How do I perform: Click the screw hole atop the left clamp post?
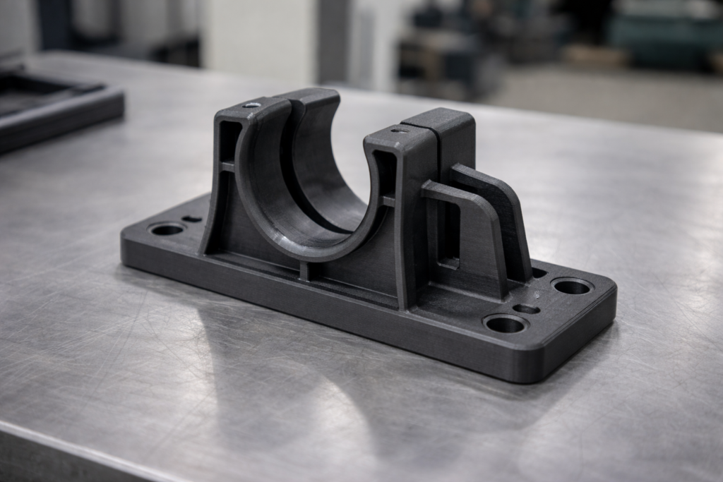pyautogui.click(x=252, y=104)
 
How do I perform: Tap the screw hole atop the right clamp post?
pyautogui.click(x=400, y=130)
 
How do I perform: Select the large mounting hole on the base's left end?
pyautogui.click(x=167, y=229)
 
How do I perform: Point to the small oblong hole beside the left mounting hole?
pyautogui.click(x=191, y=219)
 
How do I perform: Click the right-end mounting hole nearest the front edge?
pyautogui.click(x=506, y=324)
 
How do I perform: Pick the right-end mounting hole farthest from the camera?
pyautogui.click(x=572, y=287)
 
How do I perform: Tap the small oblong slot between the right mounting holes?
pyautogui.click(x=526, y=308)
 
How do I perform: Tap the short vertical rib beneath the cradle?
pyautogui.click(x=304, y=270)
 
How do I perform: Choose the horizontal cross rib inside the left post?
pyautogui.click(x=226, y=167)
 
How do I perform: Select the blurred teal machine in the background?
pyautogui.click(x=664, y=32)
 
